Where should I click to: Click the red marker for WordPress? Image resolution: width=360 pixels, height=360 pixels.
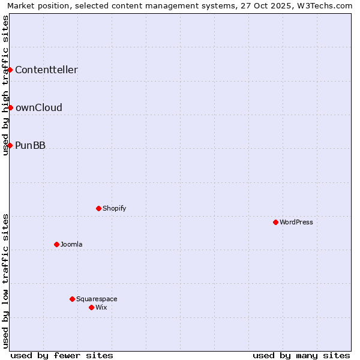275,222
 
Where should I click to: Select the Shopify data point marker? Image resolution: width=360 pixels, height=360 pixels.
98,208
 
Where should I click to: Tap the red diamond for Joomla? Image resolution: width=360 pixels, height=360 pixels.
56,244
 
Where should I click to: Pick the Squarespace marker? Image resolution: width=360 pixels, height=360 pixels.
72,299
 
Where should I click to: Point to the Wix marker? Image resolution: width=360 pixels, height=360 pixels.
91,307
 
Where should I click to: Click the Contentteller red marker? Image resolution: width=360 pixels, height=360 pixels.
10,70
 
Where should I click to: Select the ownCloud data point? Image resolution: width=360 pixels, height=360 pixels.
10,107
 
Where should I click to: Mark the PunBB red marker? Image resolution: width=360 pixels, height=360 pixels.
10,145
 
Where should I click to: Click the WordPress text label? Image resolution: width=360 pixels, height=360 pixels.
296,222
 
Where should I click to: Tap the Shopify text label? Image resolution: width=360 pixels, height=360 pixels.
114,208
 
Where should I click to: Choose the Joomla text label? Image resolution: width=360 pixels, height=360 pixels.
71,244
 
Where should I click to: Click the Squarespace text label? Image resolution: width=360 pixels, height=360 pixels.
97,299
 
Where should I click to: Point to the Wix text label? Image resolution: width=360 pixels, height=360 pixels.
101,307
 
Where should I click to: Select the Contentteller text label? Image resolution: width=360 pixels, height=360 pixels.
46,70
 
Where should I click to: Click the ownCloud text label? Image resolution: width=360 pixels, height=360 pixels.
38,107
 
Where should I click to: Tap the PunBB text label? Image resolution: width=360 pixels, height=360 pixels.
30,145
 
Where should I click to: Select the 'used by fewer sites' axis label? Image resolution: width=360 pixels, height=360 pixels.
62,355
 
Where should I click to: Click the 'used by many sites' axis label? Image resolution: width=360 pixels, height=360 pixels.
301,355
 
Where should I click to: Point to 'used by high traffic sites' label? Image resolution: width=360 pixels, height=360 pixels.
5,85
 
